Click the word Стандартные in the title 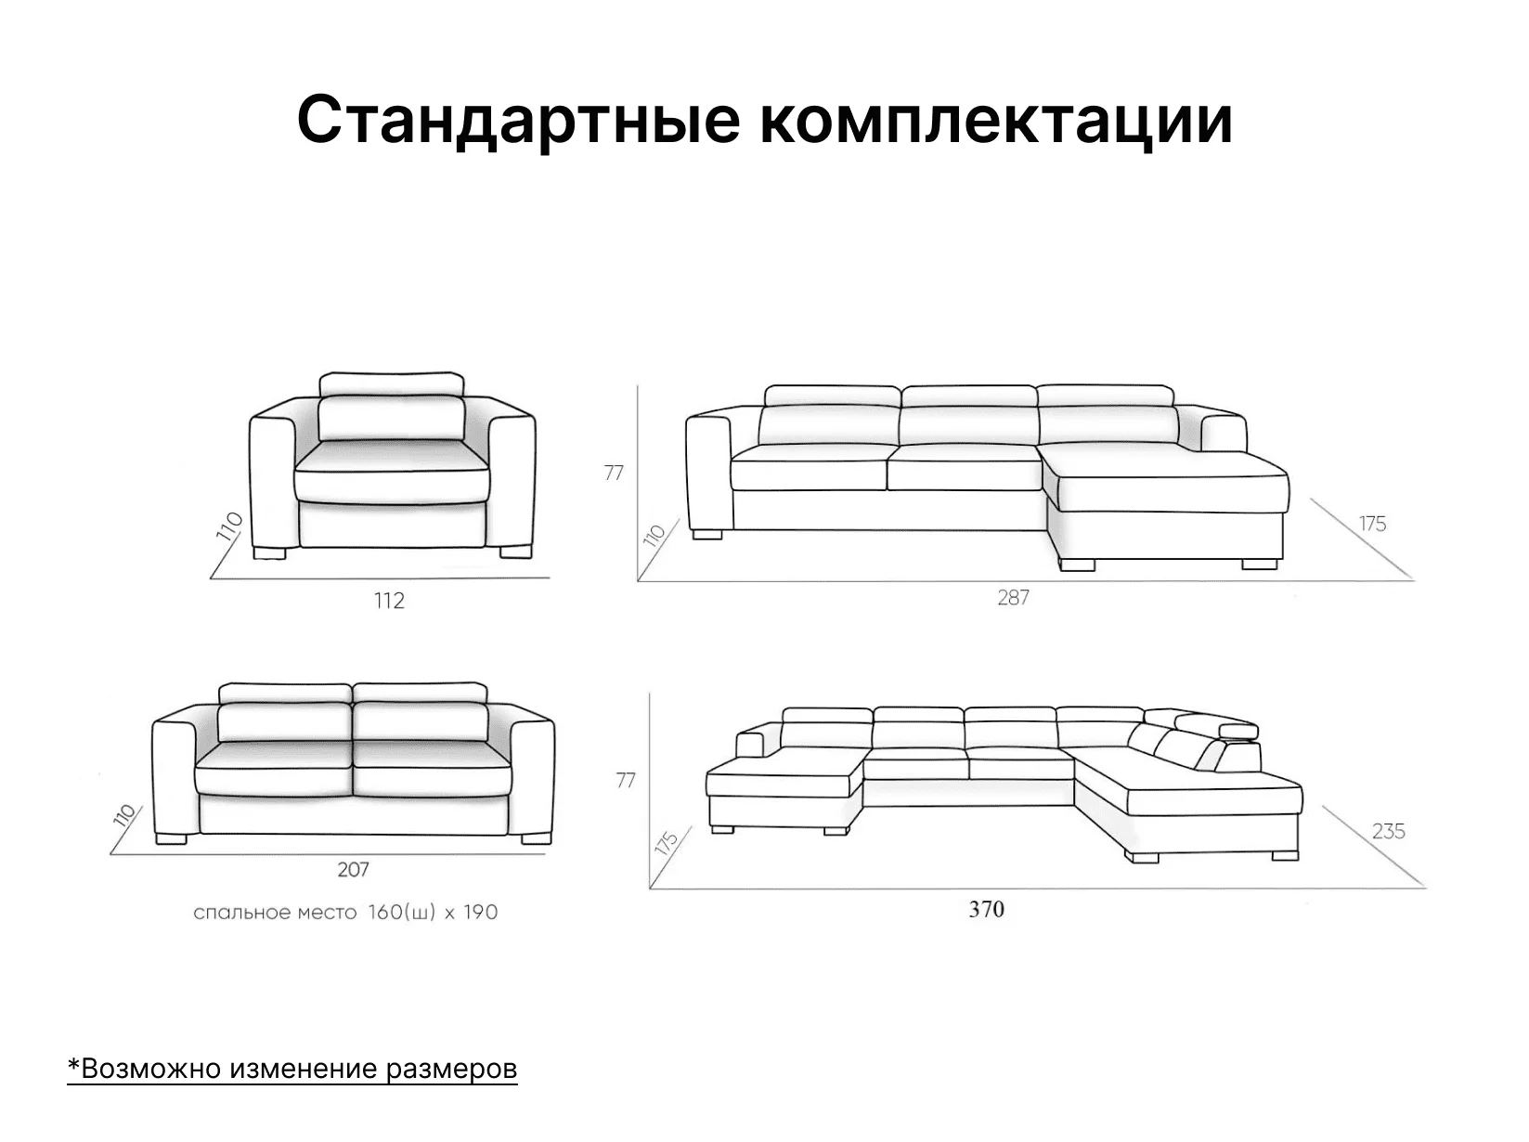[518, 121]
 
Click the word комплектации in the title [996, 121]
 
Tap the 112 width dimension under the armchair [389, 600]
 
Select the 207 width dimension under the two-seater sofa [353, 869]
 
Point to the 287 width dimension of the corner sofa [1013, 598]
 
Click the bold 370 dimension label [986, 910]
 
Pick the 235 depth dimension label [1388, 831]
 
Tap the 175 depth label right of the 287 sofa [1372, 524]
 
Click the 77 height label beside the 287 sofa [614, 473]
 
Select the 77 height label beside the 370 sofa [626, 781]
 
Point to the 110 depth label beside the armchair [229, 526]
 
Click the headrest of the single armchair [392, 384]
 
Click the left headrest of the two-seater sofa [286, 693]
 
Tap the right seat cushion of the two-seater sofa [432, 768]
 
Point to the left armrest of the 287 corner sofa [709, 474]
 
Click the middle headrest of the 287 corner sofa [969, 396]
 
